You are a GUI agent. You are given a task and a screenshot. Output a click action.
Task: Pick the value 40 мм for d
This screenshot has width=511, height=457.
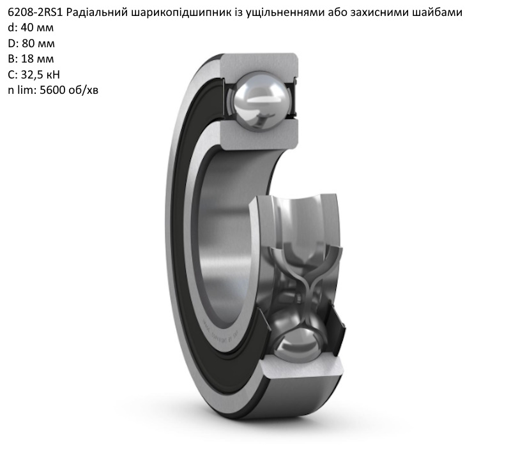tap(37, 28)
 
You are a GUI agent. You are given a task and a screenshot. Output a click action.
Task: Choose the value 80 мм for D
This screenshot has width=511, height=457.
tap(38, 43)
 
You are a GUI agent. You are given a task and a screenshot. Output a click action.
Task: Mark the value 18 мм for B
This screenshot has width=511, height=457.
tap(38, 59)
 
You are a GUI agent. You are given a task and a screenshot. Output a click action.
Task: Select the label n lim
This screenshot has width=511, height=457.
tap(20, 89)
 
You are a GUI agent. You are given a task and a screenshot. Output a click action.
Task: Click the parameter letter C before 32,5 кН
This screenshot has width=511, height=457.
tap(11, 74)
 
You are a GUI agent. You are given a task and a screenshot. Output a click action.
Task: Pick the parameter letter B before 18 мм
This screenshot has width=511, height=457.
tap(11, 59)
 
